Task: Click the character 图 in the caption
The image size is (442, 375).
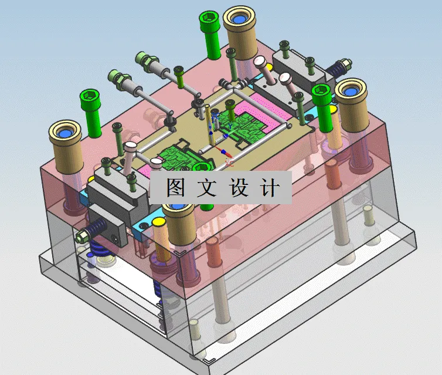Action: click(x=176, y=188)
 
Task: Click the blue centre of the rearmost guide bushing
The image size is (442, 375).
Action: click(x=239, y=19)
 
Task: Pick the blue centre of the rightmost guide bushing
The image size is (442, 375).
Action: click(x=351, y=90)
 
